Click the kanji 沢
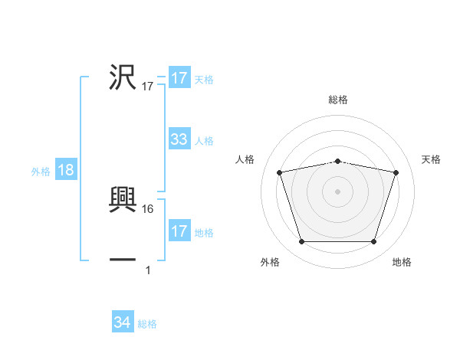click(x=123, y=77)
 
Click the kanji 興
click(x=123, y=201)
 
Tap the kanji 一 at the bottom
click(x=123, y=260)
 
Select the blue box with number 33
click(x=179, y=139)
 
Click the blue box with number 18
click(x=65, y=170)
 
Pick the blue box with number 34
click(x=123, y=322)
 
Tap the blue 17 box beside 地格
click(x=179, y=231)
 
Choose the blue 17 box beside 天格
click(x=179, y=78)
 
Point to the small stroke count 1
click(x=148, y=270)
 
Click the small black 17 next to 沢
click(x=148, y=87)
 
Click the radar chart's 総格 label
click(x=337, y=100)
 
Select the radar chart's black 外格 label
click(x=271, y=263)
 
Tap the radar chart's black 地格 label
click(x=402, y=263)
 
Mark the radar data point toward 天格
click(x=396, y=172)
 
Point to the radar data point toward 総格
click(x=337, y=161)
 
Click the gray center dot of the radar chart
click(x=337, y=191)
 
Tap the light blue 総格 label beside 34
click(x=147, y=324)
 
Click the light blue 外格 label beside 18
click(x=41, y=172)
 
